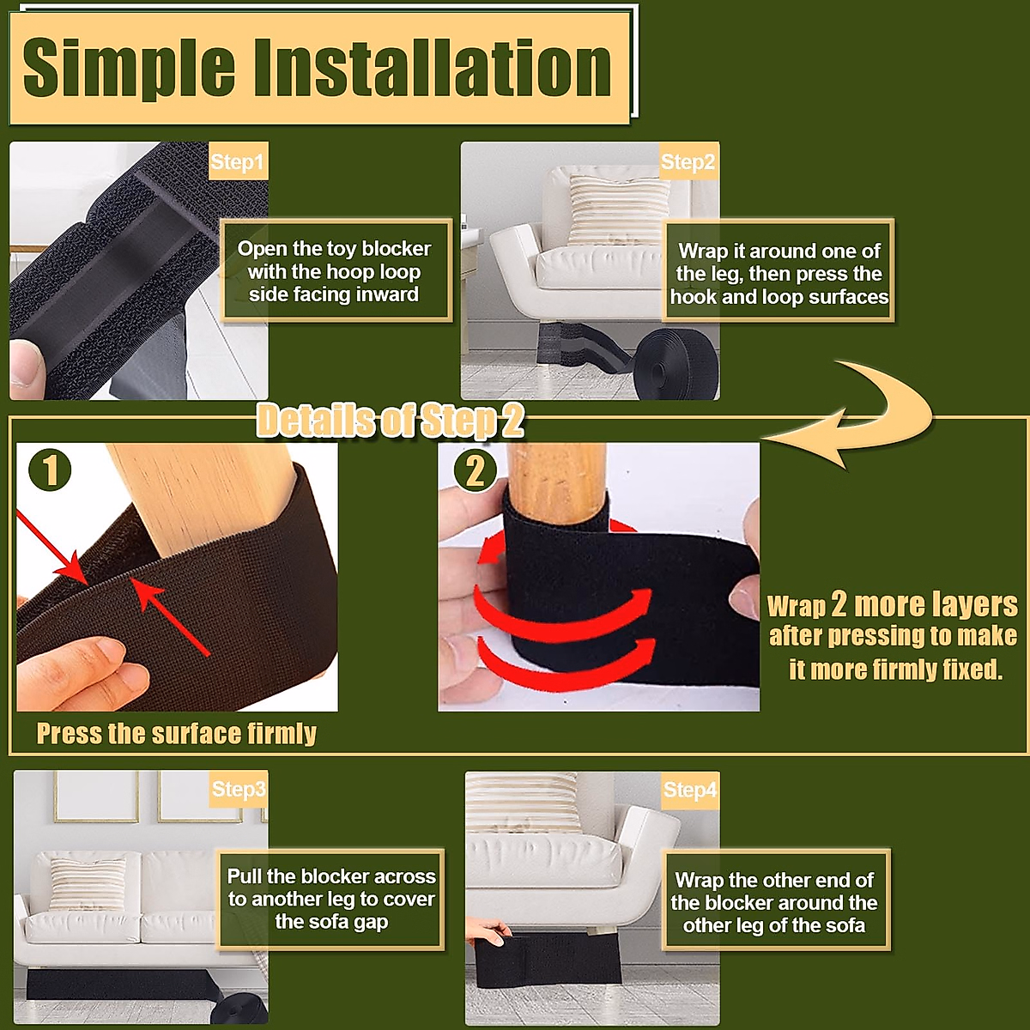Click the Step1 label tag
coord(239,161)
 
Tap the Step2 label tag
coord(689,161)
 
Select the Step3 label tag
coord(239,789)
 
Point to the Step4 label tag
coord(690,790)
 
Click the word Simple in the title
coord(129,69)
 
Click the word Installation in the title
coord(433,69)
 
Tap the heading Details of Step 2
coord(391,421)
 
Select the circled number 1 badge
coord(50,470)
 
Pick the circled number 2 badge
coord(476,471)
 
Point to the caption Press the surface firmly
coord(177,733)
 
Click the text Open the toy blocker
coord(334,249)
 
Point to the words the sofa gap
coord(331,922)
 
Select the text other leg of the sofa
coord(774,925)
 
